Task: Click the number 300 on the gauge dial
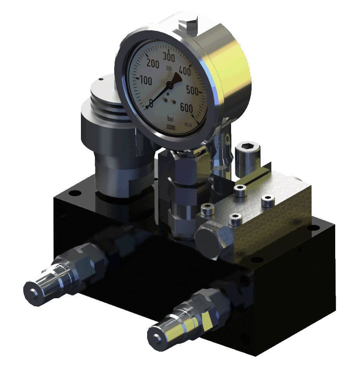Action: [x=169, y=56]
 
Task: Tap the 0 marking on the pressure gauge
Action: [x=151, y=103]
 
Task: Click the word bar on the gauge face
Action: [x=171, y=118]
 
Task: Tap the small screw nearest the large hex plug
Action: [x=235, y=220]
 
